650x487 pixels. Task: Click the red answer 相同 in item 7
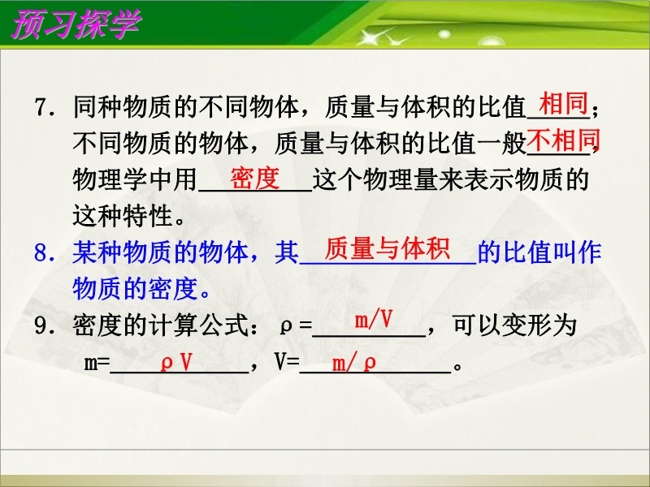click(563, 103)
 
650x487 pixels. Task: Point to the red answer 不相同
click(563, 140)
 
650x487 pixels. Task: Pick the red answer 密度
click(255, 178)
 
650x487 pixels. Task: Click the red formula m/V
click(373, 320)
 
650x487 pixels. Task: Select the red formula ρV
click(176, 363)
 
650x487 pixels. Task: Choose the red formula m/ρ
click(354, 364)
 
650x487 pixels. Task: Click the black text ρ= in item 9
click(296, 326)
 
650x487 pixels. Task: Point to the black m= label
click(97, 363)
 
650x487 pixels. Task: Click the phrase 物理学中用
click(135, 179)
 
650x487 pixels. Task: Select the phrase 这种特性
click(123, 216)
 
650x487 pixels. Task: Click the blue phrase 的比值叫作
click(539, 252)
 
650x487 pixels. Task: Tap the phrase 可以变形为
click(514, 325)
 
